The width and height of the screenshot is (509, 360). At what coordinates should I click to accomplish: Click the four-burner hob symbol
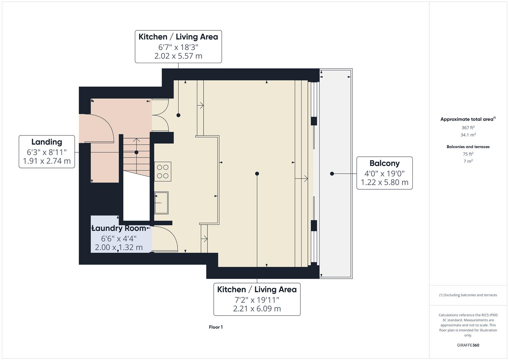163,172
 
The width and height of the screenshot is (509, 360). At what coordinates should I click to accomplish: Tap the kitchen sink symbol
161,203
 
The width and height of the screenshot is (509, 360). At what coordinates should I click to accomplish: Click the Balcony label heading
384,163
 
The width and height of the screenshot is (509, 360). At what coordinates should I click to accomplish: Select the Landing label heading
47,142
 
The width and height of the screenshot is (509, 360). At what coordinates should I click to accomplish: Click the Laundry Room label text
119,228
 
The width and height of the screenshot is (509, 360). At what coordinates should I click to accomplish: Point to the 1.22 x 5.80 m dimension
384,182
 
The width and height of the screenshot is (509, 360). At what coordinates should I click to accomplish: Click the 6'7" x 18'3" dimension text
178,47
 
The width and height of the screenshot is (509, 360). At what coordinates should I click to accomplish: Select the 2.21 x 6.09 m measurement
257,309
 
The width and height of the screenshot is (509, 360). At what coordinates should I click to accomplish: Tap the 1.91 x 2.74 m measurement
47,161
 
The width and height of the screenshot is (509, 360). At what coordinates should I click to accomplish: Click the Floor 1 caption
216,327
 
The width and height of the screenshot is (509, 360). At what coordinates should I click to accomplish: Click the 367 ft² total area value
468,128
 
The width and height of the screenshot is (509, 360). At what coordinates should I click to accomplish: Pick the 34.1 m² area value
468,135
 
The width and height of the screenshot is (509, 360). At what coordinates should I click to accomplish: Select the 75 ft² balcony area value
468,154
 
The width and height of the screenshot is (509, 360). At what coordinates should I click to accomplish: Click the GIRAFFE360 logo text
468,345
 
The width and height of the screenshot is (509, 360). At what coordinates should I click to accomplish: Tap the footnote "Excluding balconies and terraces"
468,295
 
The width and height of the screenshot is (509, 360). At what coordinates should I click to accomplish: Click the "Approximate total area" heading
467,119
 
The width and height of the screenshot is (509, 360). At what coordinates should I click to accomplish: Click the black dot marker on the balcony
332,174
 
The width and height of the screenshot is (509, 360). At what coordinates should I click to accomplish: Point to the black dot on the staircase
136,152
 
